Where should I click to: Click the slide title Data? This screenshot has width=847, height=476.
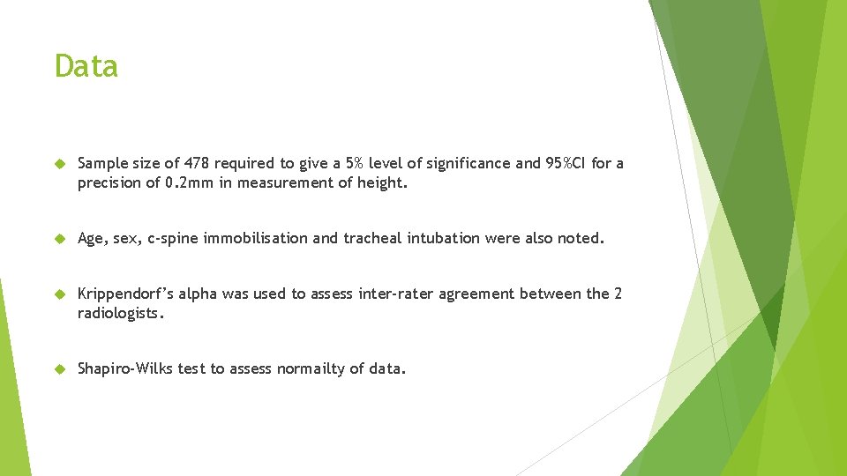pos(86,66)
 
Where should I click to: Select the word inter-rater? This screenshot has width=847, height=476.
pos(395,294)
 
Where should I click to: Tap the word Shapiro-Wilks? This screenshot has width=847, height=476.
pos(125,368)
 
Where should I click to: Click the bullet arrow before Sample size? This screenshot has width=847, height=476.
pos(61,164)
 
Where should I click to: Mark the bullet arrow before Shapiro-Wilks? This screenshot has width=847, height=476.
pos(61,369)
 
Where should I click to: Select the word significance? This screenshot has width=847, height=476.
pos(435,163)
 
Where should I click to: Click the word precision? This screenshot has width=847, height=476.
pos(108,182)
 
